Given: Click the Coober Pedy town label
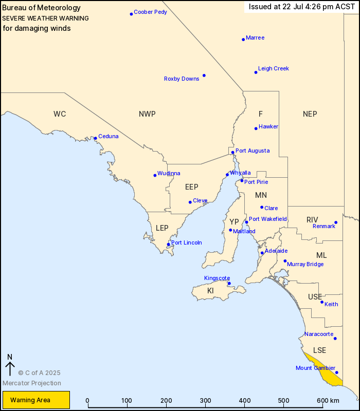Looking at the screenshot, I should (x=150, y=12).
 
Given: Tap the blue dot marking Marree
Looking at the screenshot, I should (x=243, y=39).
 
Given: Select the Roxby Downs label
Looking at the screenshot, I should (x=182, y=79).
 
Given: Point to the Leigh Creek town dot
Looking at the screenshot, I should (x=256, y=72).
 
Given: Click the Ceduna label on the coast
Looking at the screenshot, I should (x=108, y=136).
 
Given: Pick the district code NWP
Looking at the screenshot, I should (x=147, y=114).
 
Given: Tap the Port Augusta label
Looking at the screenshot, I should (x=252, y=151).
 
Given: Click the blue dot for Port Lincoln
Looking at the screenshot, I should (x=168, y=245).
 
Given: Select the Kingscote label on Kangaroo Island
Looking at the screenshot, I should (x=217, y=278).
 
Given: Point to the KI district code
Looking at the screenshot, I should (x=210, y=291).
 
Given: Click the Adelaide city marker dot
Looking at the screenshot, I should (x=262, y=253).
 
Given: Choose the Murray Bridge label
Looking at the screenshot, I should (x=305, y=264).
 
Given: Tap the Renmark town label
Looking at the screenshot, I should (x=324, y=226).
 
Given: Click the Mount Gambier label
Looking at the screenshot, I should (x=316, y=368).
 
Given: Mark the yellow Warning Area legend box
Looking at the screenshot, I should (x=36, y=400).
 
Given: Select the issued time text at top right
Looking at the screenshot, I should (x=301, y=7).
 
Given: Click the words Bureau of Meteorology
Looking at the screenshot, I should (x=42, y=8).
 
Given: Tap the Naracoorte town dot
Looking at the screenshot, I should (x=335, y=338).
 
